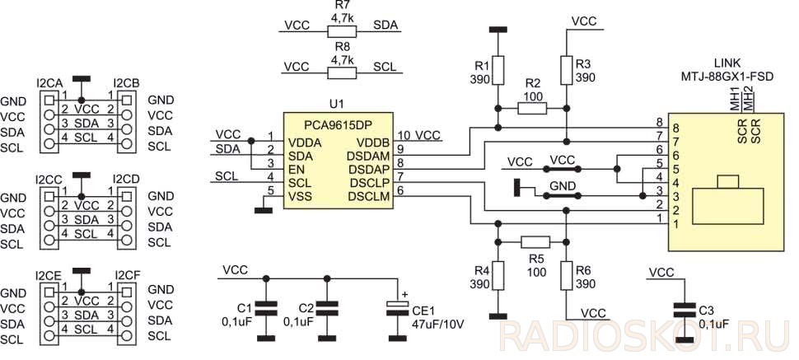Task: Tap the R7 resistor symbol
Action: point(342,31)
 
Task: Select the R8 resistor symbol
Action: point(342,73)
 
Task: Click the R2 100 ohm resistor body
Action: point(532,108)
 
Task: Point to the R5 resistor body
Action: point(535,241)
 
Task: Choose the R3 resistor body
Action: point(567,70)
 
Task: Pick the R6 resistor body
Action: point(567,276)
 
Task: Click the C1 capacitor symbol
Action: point(265,307)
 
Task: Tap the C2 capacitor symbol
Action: point(327,307)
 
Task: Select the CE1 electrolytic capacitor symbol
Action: point(397,307)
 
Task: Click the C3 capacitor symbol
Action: point(685,310)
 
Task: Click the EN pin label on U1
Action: point(295,170)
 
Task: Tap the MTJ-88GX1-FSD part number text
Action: point(727,77)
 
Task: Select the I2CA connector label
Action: point(50,82)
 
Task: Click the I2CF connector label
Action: point(127,275)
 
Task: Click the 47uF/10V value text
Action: point(437,325)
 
